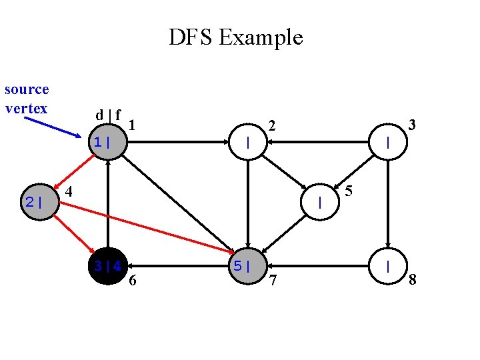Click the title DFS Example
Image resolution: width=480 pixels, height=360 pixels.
235,37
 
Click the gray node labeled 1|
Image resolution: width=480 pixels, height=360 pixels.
107,142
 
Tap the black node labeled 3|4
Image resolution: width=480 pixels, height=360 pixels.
107,267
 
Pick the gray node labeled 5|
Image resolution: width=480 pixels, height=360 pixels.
248,267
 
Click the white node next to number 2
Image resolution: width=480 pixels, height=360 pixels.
248,142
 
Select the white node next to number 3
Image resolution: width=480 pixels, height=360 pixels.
389,142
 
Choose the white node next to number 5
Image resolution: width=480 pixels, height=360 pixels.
321,202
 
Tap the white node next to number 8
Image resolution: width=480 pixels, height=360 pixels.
389,267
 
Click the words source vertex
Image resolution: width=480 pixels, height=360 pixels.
27,99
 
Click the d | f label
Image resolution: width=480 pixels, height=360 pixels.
108,115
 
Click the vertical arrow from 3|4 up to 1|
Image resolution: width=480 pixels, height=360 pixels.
107,204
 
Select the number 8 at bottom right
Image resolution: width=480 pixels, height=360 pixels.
413,280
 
